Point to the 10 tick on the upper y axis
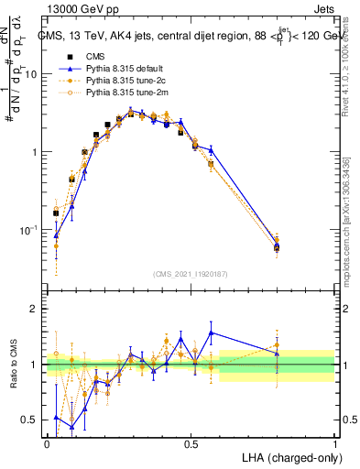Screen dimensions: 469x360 pos(32,74)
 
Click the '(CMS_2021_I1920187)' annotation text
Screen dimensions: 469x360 pos(190,273)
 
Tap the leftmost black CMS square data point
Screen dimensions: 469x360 pos(56,213)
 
